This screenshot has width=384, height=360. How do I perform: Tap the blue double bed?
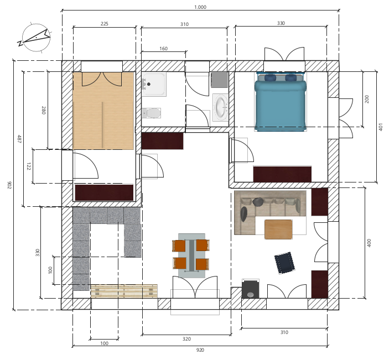[x=281, y=102]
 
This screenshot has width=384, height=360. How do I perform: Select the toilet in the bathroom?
[x=151, y=113]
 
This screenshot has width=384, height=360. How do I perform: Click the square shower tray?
[x=154, y=84]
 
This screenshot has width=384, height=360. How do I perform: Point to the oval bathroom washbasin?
[x=220, y=107]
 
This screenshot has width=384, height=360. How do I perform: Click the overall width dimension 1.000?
[x=200, y=7]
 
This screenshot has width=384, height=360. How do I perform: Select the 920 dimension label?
[x=200, y=350]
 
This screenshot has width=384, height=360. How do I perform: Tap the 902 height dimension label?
[x=9, y=185]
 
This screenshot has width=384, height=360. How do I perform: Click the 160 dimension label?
[x=164, y=49]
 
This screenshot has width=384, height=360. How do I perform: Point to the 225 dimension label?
[x=105, y=23]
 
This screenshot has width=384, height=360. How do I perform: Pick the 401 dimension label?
[x=380, y=127]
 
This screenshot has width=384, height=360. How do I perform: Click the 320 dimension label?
[x=186, y=339]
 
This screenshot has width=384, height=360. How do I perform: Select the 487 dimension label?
[x=19, y=139]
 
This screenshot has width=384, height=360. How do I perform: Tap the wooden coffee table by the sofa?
[x=278, y=229]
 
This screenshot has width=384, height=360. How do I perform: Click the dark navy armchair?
[x=284, y=263]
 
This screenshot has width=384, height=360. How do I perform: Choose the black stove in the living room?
[x=250, y=289]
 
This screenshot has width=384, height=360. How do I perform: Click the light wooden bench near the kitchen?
[x=124, y=291]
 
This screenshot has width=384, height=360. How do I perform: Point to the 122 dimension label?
[x=29, y=166]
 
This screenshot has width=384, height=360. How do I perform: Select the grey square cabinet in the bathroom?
[x=220, y=80]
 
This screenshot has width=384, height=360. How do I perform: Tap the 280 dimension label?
[x=43, y=110]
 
